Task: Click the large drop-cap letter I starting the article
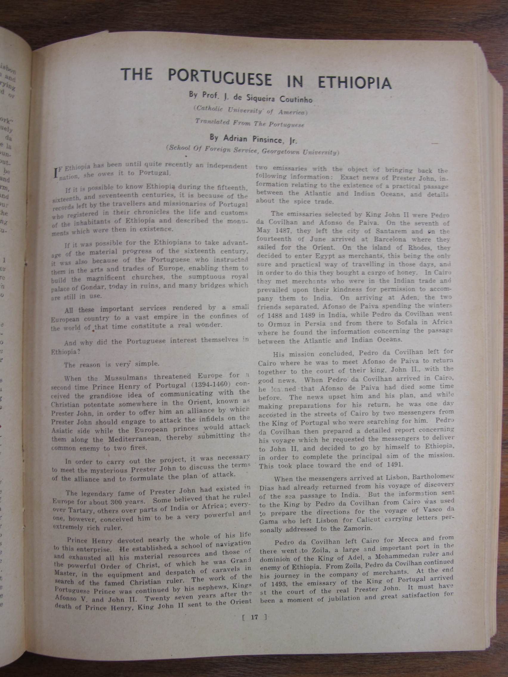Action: [55, 173]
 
